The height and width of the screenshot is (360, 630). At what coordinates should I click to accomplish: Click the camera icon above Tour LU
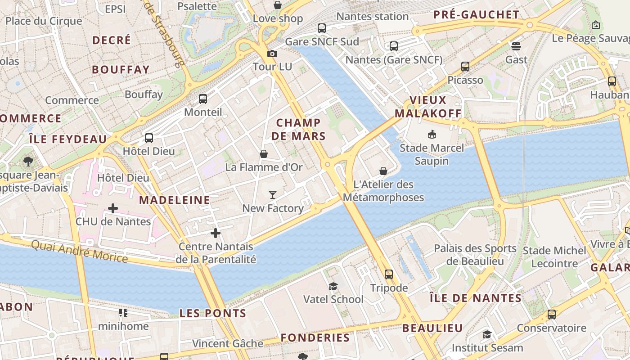272,54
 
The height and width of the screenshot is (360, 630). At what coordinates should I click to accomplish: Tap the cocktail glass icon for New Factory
273,195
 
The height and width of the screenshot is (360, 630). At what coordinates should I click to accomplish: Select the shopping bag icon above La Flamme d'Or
264,154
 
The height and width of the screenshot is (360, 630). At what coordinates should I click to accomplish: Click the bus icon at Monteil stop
203,99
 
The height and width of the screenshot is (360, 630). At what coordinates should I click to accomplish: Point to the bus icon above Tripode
389,274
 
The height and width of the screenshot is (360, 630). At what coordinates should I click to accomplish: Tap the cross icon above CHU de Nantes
113,208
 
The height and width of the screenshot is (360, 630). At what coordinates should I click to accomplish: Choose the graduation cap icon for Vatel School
333,286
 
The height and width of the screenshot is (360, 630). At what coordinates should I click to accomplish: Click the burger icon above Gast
516,46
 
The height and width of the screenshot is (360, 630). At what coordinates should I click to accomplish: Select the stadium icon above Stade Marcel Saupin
432,134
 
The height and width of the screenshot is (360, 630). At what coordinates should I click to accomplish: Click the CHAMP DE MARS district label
299,129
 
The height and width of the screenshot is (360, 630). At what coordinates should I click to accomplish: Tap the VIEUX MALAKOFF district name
428,107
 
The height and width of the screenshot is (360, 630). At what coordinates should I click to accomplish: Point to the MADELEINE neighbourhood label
175,200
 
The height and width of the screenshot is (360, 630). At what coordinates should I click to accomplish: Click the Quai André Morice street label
80,251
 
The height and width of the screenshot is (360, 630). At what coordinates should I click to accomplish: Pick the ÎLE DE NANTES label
475,298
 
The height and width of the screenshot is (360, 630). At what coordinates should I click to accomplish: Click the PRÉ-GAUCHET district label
476,15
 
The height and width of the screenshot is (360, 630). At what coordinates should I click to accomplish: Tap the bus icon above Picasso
465,67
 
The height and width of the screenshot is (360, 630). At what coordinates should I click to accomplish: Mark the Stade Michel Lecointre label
554,257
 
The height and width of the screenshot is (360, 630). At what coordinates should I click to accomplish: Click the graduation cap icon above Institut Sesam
487,334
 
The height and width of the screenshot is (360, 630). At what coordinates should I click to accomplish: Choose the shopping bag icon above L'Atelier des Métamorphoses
383,171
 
